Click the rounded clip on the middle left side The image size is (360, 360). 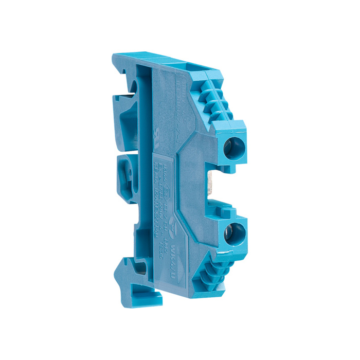[123, 175]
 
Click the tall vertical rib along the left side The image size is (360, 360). [146, 170]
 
